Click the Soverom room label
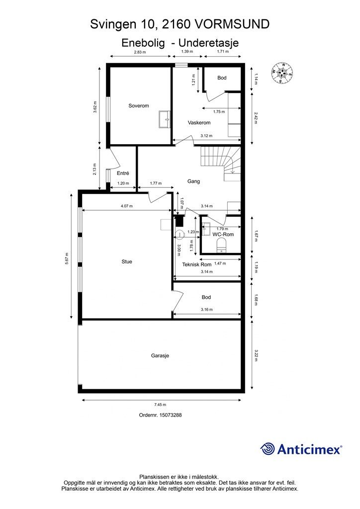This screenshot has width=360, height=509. [139, 105]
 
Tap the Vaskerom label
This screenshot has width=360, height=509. [199, 123]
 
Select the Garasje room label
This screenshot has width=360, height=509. [160, 356]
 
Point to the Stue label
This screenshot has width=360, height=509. [127, 261]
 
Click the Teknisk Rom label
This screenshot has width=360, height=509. [197, 264]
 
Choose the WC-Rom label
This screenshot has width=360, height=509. [223, 235]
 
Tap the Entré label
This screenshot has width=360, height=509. [123, 173]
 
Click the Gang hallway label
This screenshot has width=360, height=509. [193, 181]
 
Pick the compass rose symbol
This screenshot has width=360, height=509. [282, 72]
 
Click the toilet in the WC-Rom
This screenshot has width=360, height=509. [221, 245]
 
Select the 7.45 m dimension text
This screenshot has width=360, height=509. [160, 405]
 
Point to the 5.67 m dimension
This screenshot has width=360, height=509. [67, 258]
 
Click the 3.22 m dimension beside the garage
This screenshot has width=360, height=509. [256, 355]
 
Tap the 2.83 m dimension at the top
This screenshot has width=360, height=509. [140, 52]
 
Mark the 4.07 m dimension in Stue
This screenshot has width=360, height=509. [127, 206]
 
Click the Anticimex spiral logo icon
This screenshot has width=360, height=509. [268, 449]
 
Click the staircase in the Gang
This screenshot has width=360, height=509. [221, 163]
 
